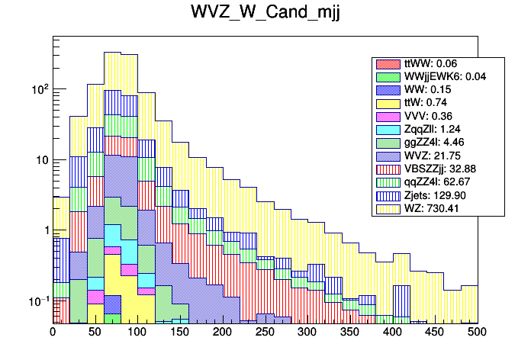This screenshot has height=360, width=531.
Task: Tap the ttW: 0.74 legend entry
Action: click(x=428, y=103)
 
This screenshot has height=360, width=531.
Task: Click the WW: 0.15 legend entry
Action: click(x=428, y=90)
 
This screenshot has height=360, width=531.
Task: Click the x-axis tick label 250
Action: click(x=265, y=333)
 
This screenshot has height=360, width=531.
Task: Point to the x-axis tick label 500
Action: click(x=477, y=333)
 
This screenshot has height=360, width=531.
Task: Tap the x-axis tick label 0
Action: click(x=53, y=333)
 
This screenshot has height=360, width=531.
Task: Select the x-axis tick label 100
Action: click(x=137, y=333)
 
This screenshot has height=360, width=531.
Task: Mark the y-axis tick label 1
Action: click(x=43, y=230)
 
